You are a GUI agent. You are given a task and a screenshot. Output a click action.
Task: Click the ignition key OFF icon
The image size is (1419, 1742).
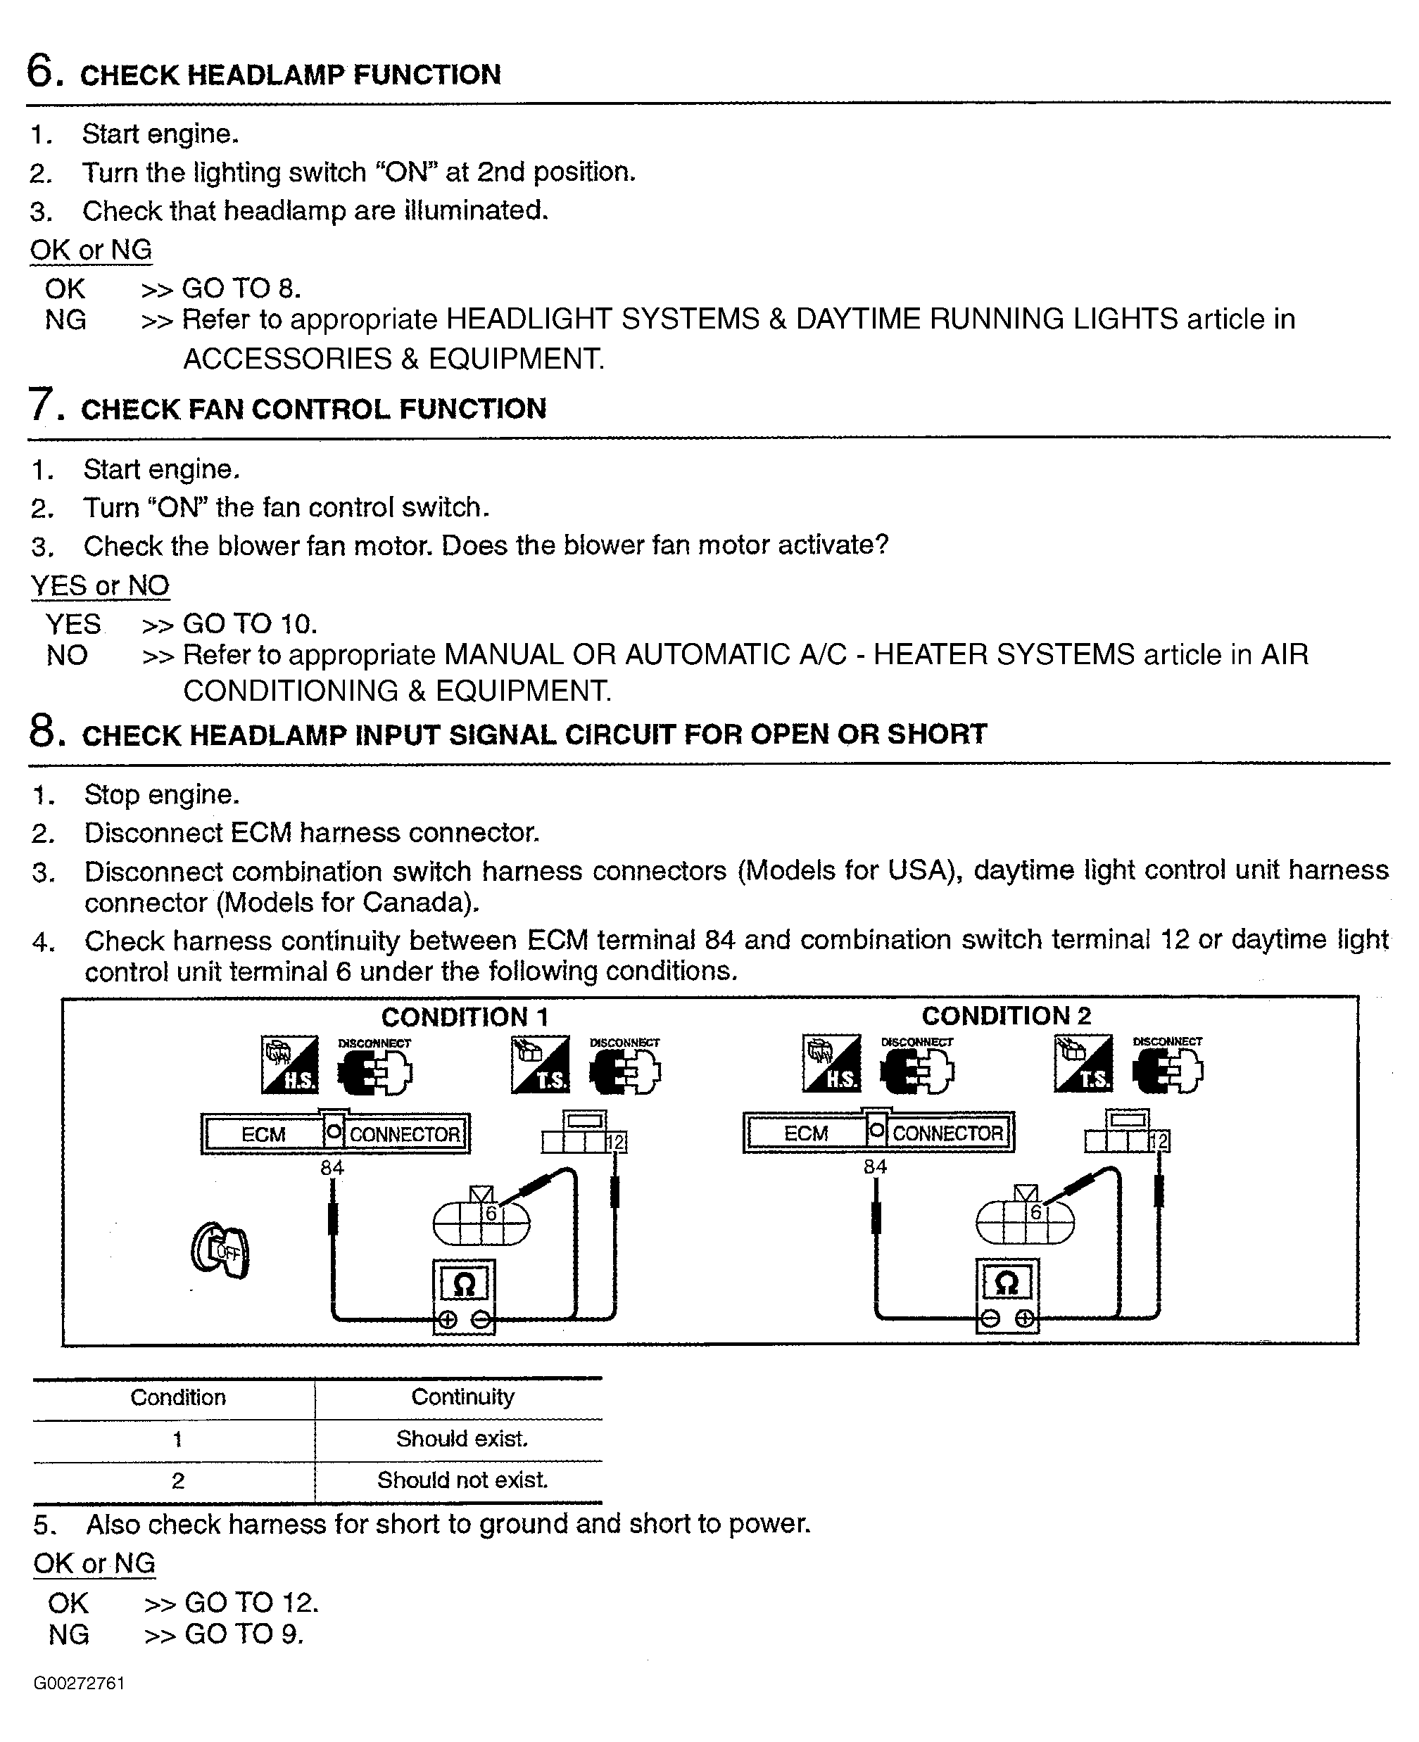click(x=220, y=1250)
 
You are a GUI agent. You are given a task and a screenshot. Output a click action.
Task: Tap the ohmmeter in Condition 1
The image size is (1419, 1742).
click(x=463, y=1296)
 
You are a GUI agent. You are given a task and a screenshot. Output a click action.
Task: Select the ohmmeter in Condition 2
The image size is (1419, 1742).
click(x=1007, y=1295)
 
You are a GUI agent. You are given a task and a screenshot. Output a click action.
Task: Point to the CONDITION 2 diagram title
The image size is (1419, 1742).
click(x=1007, y=1016)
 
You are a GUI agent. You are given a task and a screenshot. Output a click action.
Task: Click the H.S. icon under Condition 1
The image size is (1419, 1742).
click(x=289, y=1064)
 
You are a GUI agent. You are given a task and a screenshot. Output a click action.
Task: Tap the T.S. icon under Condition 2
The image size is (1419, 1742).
click(x=1083, y=1064)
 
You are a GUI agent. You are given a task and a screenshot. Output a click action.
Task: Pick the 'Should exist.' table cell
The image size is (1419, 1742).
click(x=462, y=1438)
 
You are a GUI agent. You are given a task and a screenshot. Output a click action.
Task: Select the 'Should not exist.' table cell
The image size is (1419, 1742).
click(x=462, y=1480)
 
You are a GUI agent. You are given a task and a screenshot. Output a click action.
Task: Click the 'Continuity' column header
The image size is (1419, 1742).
click(x=462, y=1397)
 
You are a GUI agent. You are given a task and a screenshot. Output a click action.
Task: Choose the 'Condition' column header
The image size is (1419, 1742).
click(x=177, y=1397)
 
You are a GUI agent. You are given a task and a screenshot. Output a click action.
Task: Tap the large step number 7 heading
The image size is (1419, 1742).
click(x=45, y=405)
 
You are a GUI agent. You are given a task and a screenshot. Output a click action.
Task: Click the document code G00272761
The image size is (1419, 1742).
click(x=80, y=1683)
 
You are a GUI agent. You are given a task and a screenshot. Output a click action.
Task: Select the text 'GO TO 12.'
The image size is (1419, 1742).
click(x=251, y=1602)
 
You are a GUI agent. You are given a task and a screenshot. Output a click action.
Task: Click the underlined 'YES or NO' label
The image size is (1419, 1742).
click(x=100, y=585)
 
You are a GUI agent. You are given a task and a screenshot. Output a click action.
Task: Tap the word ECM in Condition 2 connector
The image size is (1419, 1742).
click(x=806, y=1133)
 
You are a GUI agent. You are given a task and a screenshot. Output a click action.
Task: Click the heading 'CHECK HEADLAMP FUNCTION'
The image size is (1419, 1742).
click(x=290, y=75)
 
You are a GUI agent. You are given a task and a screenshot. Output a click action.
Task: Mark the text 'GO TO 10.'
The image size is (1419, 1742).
click(x=249, y=624)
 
